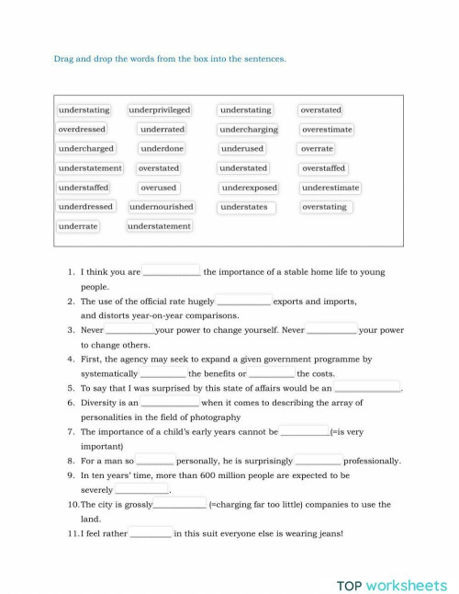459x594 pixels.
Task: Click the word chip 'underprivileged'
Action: pyautogui.click(x=161, y=110)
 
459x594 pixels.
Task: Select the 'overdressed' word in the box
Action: pyautogui.click(x=82, y=130)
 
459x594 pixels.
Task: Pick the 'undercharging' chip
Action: pyautogui.click(x=249, y=130)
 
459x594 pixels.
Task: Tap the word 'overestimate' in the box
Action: pyautogui.click(x=327, y=130)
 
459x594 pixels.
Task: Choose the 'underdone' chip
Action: pyautogui.click(x=162, y=149)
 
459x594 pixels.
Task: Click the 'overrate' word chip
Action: pyautogui.click(x=317, y=149)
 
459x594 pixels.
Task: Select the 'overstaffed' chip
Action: pyautogui.click(x=324, y=168)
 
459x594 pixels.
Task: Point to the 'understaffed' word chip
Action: pyautogui.click(x=84, y=188)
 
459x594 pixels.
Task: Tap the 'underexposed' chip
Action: pyautogui.click(x=249, y=188)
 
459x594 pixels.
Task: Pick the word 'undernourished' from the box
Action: pyautogui.click(x=162, y=207)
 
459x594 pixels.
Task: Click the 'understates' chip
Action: pyautogui.click(x=244, y=207)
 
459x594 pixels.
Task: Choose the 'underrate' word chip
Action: pyautogui.click(x=78, y=226)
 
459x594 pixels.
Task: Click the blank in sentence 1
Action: pyautogui.click(x=172, y=272)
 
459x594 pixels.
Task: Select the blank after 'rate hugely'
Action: pyautogui.click(x=243, y=301)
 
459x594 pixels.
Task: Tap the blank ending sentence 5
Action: pyautogui.click(x=367, y=388)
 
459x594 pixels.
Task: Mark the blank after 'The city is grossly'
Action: pyautogui.click(x=180, y=504)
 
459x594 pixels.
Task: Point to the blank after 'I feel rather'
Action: pyautogui.click(x=151, y=532)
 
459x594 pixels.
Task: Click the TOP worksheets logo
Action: pyautogui.click(x=392, y=585)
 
